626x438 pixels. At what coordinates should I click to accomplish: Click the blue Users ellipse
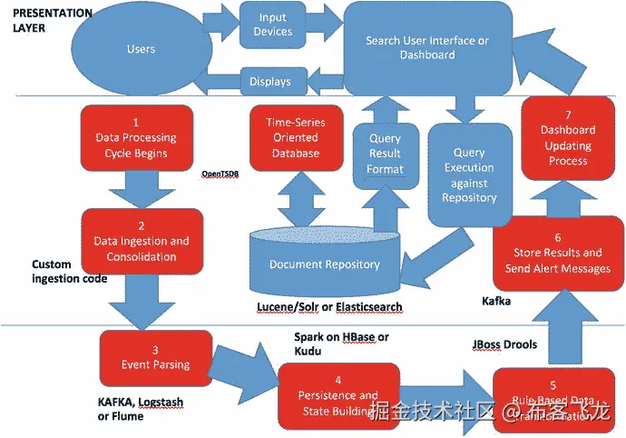coord(141,49)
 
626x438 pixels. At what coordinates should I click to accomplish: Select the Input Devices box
coord(272,25)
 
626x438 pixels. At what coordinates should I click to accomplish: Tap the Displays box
coord(270,82)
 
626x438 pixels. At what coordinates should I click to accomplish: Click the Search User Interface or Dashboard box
coord(427,48)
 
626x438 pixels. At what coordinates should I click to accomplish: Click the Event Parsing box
coord(155,357)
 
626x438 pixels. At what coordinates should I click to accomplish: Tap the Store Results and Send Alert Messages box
coord(557,254)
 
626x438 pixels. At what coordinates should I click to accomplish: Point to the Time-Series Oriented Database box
coord(295,137)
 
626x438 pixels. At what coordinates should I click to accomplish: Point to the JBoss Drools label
coord(505,344)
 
